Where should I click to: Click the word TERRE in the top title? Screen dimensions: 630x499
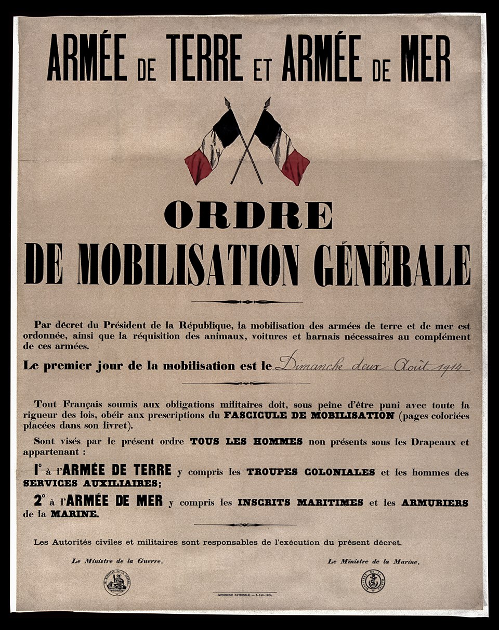[x=204, y=58]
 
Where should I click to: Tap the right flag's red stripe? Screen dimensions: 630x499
[x=295, y=166]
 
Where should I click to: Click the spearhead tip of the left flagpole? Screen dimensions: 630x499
[x=227, y=100]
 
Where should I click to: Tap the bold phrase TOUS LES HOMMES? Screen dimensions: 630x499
[x=246, y=442]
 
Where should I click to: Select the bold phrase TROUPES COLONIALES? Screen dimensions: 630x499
[x=310, y=472]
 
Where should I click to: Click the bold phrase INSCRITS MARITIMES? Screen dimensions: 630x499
[x=300, y=503]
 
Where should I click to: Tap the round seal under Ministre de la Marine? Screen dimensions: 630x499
[x=373, y=581]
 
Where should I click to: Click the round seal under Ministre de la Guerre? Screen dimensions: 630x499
[x=117, y=583]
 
